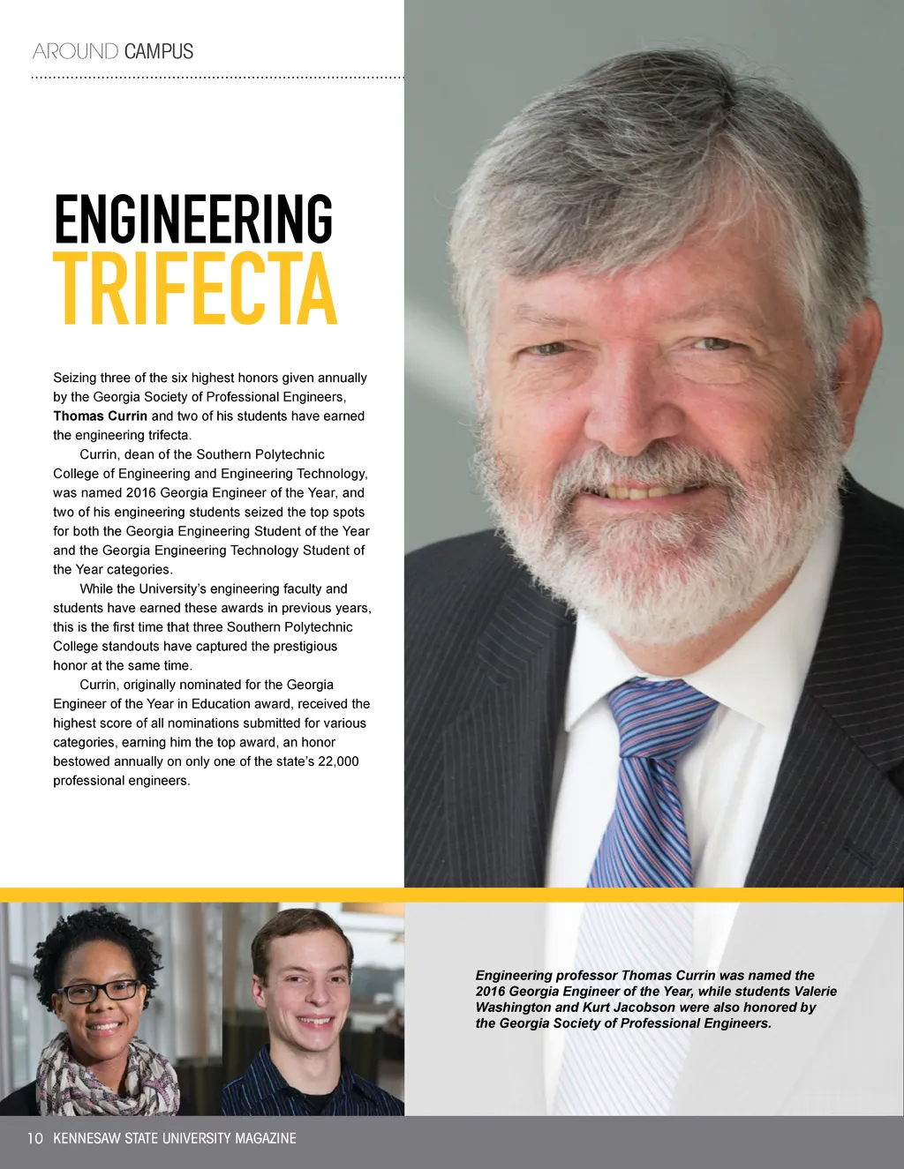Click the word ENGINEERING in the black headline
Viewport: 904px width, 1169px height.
click(192, 220)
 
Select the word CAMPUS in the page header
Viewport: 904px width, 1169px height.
click(159, 51)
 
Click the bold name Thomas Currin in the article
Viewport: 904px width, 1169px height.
click(100, 416)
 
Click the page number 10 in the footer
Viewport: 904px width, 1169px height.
click(34, 1138)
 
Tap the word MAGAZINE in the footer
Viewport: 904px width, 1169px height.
click(265, 1138)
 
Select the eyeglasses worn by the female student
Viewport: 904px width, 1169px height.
click(99, 992)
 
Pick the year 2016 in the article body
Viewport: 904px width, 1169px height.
click(141, 493)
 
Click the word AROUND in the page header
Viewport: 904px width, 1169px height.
click(75, 51)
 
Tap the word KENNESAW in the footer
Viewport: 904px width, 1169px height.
click(87, 1138)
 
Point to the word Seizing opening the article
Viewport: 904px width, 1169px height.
click(74, 378)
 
